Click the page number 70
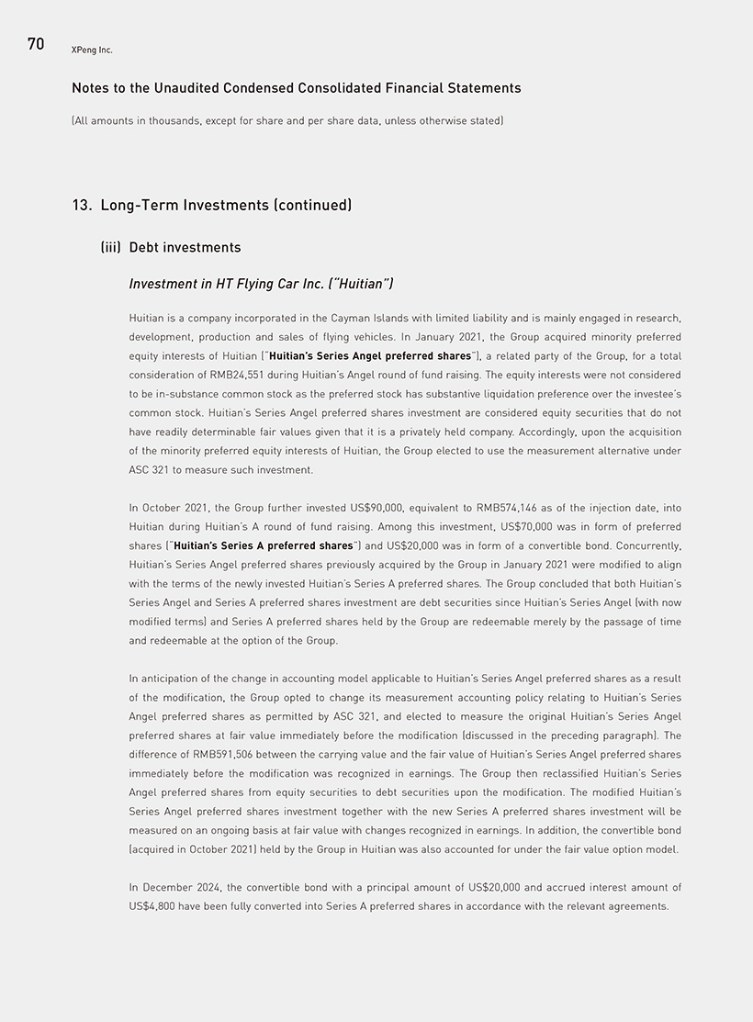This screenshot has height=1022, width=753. [36, 44]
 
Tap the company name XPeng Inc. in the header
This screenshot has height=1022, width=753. [92, 50]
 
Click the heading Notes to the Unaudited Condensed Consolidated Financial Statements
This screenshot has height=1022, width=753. [296, 88]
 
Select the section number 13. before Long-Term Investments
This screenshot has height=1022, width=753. [83, 205]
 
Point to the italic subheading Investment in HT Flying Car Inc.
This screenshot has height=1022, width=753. [261, 284]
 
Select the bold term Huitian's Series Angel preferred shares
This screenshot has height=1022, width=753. [369, 355]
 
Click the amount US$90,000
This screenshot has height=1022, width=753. [379, 508]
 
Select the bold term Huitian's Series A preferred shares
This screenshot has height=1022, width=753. [264, 545]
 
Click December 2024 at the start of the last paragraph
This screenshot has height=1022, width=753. [180, 887]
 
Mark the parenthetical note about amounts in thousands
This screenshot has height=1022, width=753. [287, 120]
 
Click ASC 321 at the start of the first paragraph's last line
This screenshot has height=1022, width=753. [149, 469]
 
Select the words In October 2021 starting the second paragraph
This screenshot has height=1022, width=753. [167, 508]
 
